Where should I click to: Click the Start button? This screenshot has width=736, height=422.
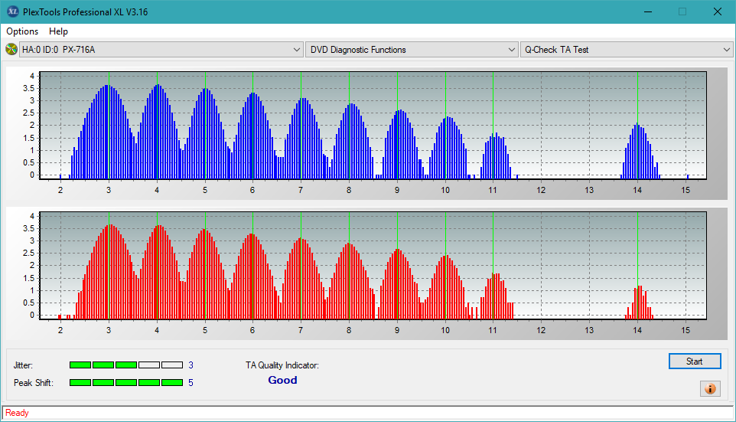pyautogui.click(x=695, y=361)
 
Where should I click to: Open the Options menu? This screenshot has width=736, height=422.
pyautogui.click(x=22, y=31)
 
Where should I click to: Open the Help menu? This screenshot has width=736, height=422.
pyautogui.click(x=58, y=31)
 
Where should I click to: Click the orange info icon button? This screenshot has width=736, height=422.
pyautogui.click(x=710, y=388)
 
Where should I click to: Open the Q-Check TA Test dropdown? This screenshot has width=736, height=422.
pyautogui.click(x=626, y=50)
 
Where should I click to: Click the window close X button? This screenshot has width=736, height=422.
pyautogui.click(x=717, y=11)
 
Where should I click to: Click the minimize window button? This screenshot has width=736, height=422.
pyautogui.click(x=648, y=11)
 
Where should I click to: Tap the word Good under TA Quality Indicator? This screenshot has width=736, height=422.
pyautogui.click(x=282, y=380)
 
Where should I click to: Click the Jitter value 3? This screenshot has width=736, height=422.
pyautogui.click(x=191, y=365)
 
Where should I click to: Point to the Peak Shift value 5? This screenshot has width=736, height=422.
pyautogui.click(x=191, y=383)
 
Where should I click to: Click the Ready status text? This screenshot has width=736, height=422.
pyautogui.click(x=17, y=413)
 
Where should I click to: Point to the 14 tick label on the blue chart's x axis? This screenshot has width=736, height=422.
pyautogui.click(x=637, y=191)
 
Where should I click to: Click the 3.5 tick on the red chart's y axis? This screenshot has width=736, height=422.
pyautogui.click(x=28, y=229)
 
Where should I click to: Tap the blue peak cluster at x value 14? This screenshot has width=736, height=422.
pyautogui.click(x=640, y=152)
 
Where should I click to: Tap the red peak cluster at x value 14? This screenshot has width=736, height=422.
pyautogui.click(x=639, y=303)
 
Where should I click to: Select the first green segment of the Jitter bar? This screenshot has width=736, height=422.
pyautogui.click(x=80, y=365)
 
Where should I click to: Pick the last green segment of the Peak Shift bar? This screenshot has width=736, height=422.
pyautogui.click(x=172, y=383)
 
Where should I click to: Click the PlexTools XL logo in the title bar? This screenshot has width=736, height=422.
pyautogui.click(x=12, y=11)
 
